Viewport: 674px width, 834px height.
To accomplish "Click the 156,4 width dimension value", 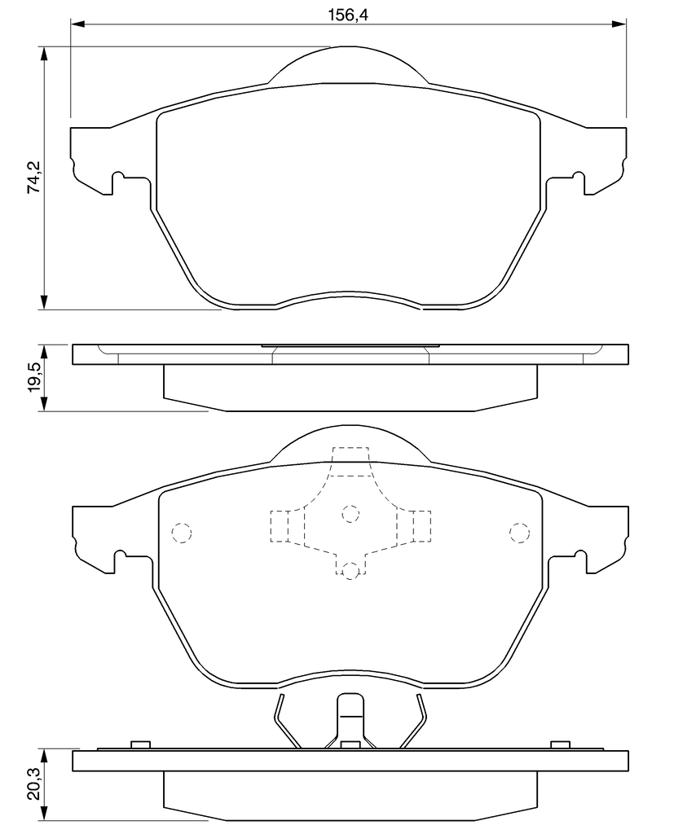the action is [x=348, y=15].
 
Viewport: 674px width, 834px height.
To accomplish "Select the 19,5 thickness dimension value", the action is [x=34, y=378].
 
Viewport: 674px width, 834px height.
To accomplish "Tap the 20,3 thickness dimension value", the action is [x=34, y=784].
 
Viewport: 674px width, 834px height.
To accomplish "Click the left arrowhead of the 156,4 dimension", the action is [x=77, y=24].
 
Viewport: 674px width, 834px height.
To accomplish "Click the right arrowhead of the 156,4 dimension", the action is [x=619, y=24].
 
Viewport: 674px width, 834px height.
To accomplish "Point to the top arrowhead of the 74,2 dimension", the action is [x=45, y=54].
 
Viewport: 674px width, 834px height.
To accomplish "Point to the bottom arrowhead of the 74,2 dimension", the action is [x=45, y=302].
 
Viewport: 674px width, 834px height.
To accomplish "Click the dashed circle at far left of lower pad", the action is [x=181, y=533].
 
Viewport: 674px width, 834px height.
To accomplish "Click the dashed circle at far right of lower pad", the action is [x=520, y=533].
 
